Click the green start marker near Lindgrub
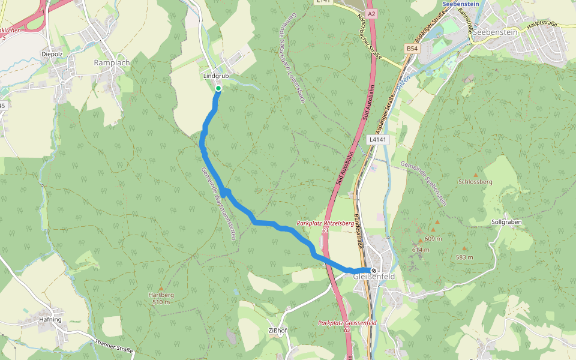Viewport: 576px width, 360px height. pos(218,89)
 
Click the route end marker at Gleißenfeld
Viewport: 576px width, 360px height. pos(373,271)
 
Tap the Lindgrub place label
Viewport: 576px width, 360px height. pos(216,77)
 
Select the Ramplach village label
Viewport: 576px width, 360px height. pos(112,62)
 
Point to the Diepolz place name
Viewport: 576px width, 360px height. pos(52,53)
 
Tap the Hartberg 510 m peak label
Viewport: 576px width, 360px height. pos(161,298)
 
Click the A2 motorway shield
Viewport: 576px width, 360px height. pos(372,13)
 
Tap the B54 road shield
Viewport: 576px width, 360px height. pos(412,48)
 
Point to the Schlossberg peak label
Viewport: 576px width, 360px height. pos(475,181)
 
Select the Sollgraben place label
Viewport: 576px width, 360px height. pos(506,222)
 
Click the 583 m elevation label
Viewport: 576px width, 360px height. pos(464,257)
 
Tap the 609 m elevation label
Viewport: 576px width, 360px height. pos(433,239)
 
